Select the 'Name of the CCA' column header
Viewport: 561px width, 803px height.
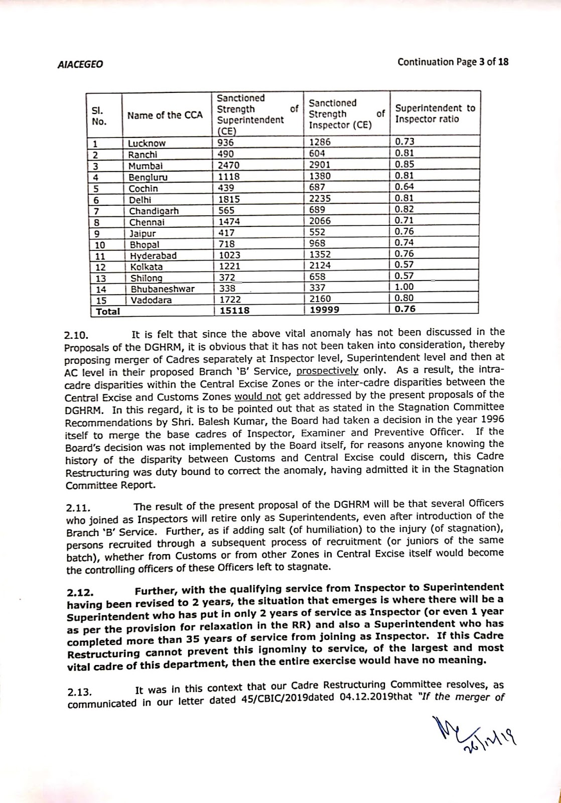pos(165,115)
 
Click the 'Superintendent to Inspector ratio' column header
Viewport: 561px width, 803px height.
pos(435,114)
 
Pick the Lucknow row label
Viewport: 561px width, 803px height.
pos(147,143)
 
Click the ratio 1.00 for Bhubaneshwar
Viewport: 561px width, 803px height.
pos(404,289)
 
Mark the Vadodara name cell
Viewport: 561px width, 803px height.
pos(151,300)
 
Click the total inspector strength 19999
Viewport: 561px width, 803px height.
pos(325,310)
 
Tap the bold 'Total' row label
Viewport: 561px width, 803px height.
pos(108,311)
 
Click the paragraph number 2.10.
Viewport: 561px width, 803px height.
pos(77,333)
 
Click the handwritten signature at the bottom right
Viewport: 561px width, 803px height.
pos(474,733)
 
